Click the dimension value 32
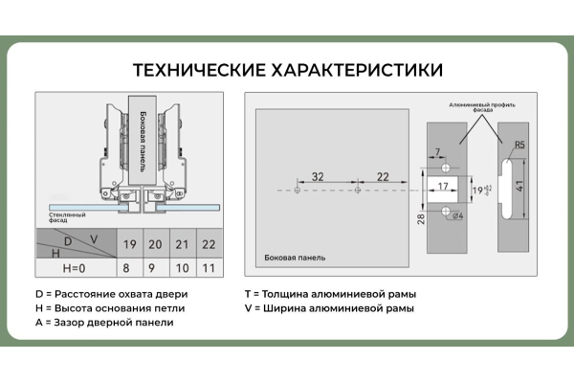(317, 177)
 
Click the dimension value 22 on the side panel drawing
(382, 177)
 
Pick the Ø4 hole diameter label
(457, 216)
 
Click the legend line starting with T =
(330, 294)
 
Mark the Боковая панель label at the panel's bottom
(295, 258)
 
